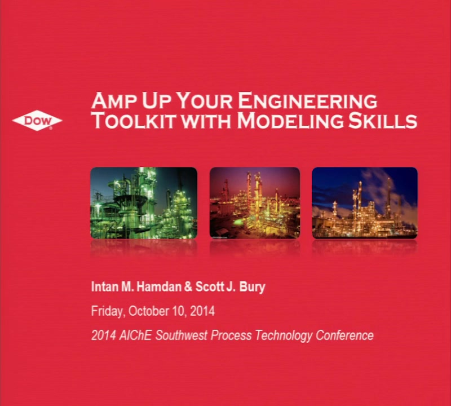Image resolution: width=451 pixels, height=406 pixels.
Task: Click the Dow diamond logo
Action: coord(37,121)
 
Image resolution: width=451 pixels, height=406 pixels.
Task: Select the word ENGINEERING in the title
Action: coord(307,101)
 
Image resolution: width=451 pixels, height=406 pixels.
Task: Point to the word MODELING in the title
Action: coord(290,121)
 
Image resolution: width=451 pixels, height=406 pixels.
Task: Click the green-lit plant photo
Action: coord(144,203)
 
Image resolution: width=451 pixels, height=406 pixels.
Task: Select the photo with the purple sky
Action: coord(255,203)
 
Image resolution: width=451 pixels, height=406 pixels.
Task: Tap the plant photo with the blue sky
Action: coord(365,203)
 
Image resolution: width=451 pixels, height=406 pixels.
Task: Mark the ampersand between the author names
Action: coord(188,287)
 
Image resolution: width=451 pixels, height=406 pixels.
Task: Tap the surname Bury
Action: coord(252,288)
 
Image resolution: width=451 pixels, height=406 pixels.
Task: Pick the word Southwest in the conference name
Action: coord(182,336)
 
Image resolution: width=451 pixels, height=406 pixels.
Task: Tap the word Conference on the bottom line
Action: coord(344,336)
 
